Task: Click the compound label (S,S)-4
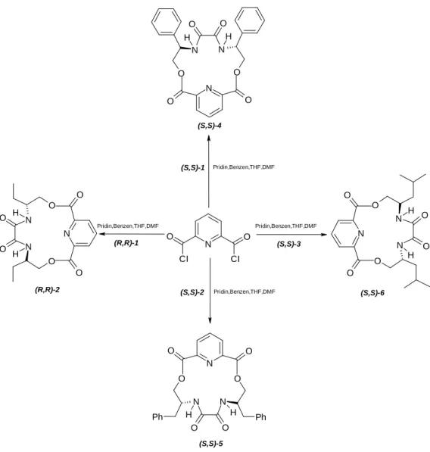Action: pos(210,126)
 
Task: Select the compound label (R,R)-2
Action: pos(47,290)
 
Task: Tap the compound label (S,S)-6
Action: pos(372,293)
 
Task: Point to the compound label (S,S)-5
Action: pos(211,444)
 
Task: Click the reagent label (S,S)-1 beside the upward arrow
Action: pos(193,168)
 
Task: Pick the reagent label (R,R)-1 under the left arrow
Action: pos(126,243)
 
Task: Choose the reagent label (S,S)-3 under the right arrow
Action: pos(288,244)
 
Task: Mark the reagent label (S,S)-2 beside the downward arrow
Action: pos(192,292)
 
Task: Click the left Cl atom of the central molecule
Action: pos(184,259)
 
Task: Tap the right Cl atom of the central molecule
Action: pos(235,259)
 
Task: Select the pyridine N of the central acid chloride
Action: pos(208,245)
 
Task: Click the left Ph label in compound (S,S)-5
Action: pos(157,417)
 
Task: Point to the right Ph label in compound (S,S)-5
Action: pos(260,417)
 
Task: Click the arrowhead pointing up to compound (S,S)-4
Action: pos(209,138)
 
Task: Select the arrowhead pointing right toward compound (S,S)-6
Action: pos(324,235)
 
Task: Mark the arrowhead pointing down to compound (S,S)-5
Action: pos(210,320)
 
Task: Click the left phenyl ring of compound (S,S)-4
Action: pos(167,22)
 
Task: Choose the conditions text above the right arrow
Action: pos(286,226)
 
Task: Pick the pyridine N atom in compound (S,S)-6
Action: pos(361,233)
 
